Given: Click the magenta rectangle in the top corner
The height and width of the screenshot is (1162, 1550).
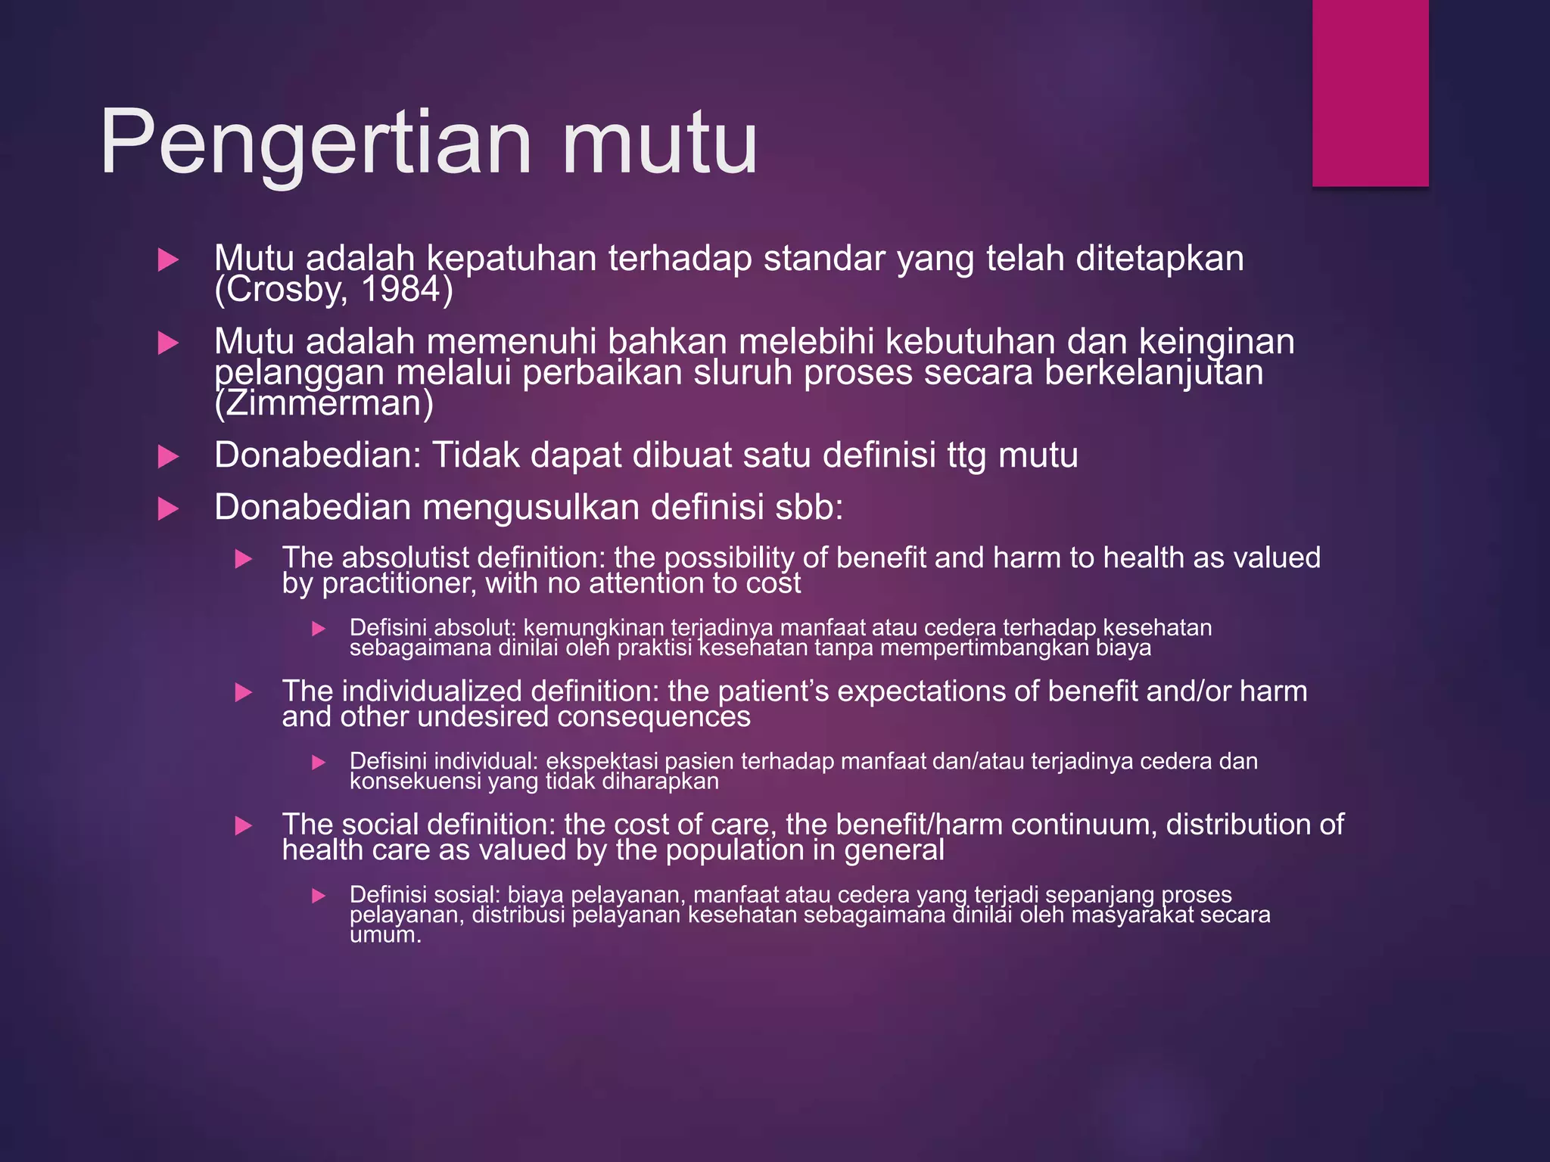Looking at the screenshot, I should click(1370, 92).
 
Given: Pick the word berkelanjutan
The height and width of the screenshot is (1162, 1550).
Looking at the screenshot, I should click(1153, 373).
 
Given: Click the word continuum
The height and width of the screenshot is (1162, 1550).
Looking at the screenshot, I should click(1083, 825).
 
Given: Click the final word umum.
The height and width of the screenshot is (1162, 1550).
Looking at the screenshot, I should click(384, 935).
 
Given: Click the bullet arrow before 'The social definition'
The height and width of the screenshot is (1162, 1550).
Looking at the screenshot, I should click(243, 825).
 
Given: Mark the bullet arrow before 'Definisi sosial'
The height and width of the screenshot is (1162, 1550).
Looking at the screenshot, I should click(319, 896).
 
